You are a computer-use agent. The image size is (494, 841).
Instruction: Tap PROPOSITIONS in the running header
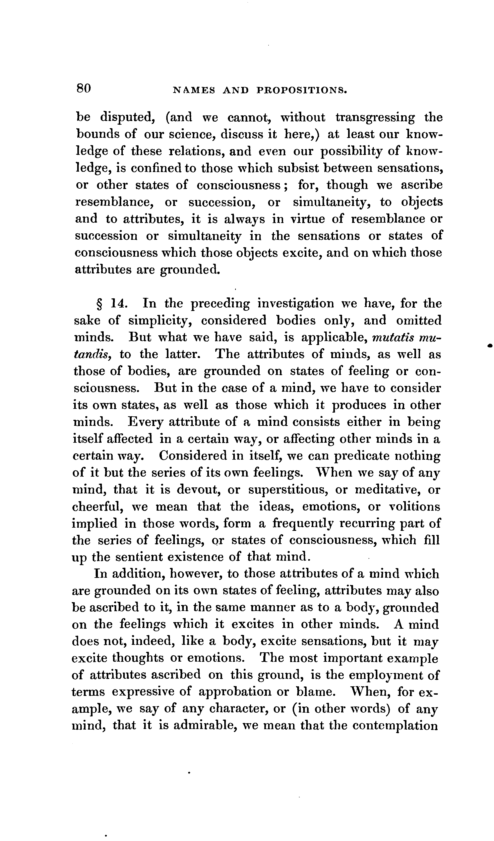click(x=302, y=90)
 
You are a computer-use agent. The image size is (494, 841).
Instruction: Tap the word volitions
click(x=415, y=507)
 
